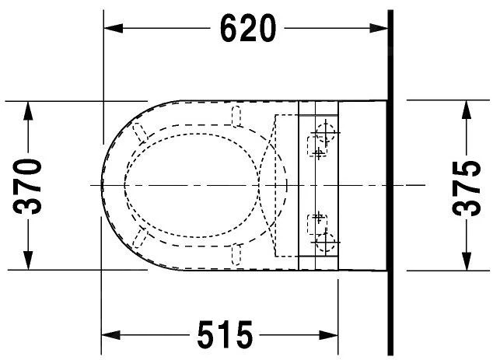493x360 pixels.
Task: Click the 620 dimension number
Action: coord(248,28)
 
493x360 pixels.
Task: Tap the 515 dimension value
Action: coord(225,334)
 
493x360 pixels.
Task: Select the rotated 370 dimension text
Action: coord(27,187)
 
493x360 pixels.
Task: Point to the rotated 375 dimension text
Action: coord(467,188)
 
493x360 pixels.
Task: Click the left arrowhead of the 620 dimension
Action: coord(114,28)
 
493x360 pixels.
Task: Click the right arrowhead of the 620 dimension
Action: coord(379,28)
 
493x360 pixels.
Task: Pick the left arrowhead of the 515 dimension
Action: coord(110,335)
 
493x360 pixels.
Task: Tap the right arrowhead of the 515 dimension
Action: coord(329,335)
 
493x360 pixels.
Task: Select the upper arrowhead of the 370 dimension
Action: coord(28,110)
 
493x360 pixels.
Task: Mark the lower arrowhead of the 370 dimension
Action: coord(28,260)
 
